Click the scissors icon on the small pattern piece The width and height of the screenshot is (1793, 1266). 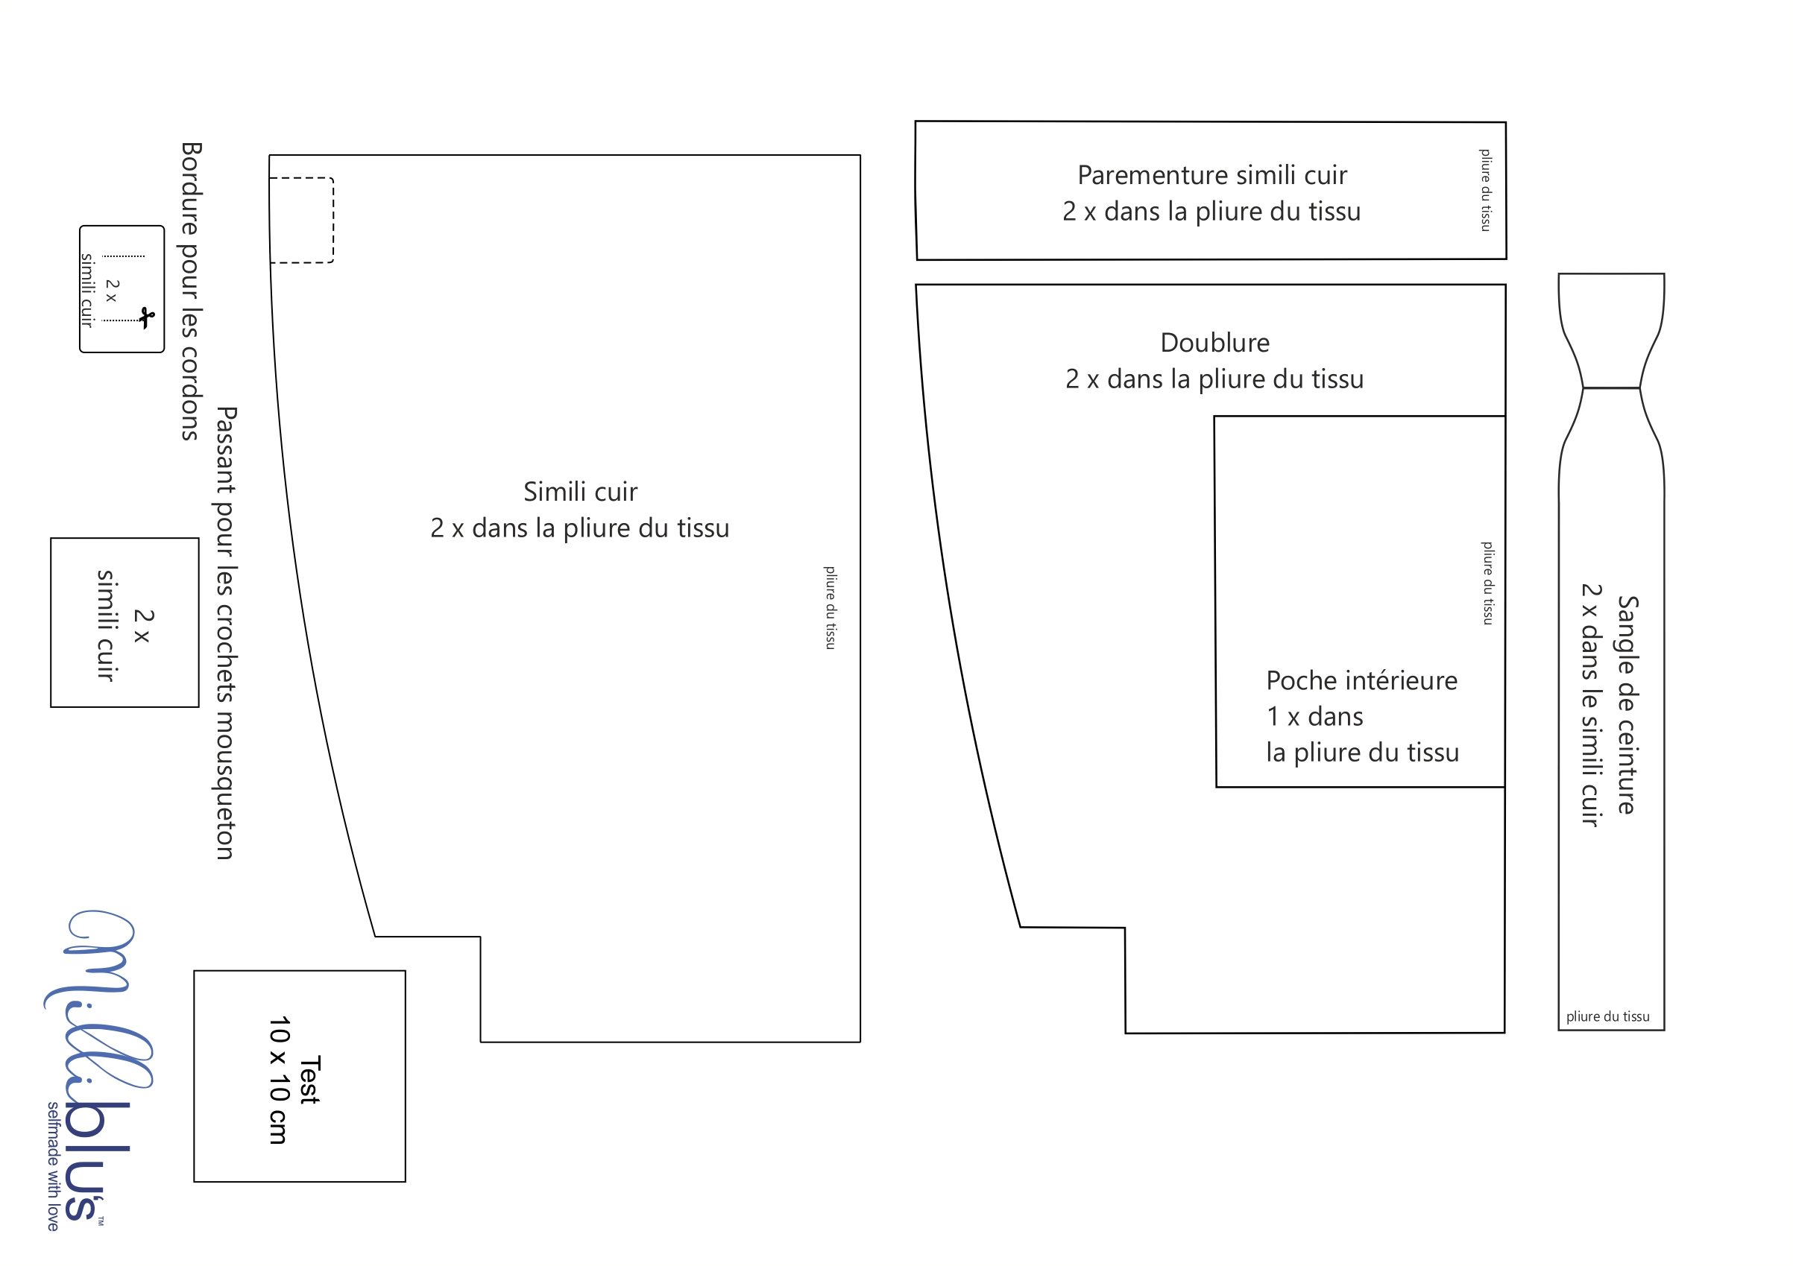146,318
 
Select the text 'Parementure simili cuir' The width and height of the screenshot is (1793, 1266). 1212,176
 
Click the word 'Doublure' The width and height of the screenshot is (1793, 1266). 1214,343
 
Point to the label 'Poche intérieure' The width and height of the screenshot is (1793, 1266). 1361,680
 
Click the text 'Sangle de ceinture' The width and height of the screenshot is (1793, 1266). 1627,705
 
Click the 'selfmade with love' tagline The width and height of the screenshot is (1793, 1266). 53,1167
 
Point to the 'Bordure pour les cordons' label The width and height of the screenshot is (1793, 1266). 192,291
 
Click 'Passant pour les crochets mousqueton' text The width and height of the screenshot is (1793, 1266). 226,633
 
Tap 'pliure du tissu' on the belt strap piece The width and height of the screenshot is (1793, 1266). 1608,1016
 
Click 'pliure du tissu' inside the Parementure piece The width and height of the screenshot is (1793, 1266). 1484,190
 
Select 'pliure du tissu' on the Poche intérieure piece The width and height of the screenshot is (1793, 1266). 1487,583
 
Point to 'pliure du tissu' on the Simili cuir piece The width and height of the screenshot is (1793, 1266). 829,607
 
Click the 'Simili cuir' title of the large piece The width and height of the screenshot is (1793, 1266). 580,492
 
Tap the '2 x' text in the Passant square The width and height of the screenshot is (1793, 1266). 143,626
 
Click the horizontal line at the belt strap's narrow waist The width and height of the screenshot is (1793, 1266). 1611,388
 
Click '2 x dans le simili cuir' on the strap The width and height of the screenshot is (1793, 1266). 1591,705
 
